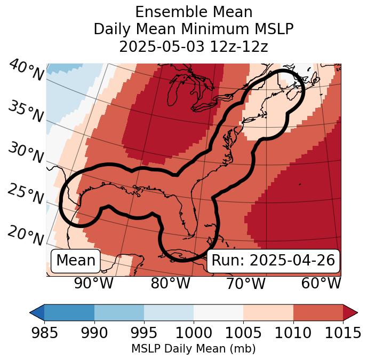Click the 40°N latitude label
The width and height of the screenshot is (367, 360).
[26, 71]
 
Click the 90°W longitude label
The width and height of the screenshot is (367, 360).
[94, 284]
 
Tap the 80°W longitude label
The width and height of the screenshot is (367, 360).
[170, 284]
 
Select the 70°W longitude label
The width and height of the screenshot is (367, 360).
[245, 284]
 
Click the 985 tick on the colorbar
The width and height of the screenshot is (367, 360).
[44, 333]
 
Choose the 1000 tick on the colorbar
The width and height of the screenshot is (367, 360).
[194, 333]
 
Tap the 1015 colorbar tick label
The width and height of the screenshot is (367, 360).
[343, 333]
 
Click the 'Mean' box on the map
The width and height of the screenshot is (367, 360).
[76, 261]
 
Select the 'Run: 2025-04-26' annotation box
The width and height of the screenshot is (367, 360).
[273, 261]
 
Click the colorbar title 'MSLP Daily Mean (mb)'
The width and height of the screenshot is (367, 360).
[193, 349]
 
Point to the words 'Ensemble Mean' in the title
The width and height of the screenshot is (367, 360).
[193, 12]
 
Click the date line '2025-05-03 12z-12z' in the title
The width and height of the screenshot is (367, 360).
[193, 46]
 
